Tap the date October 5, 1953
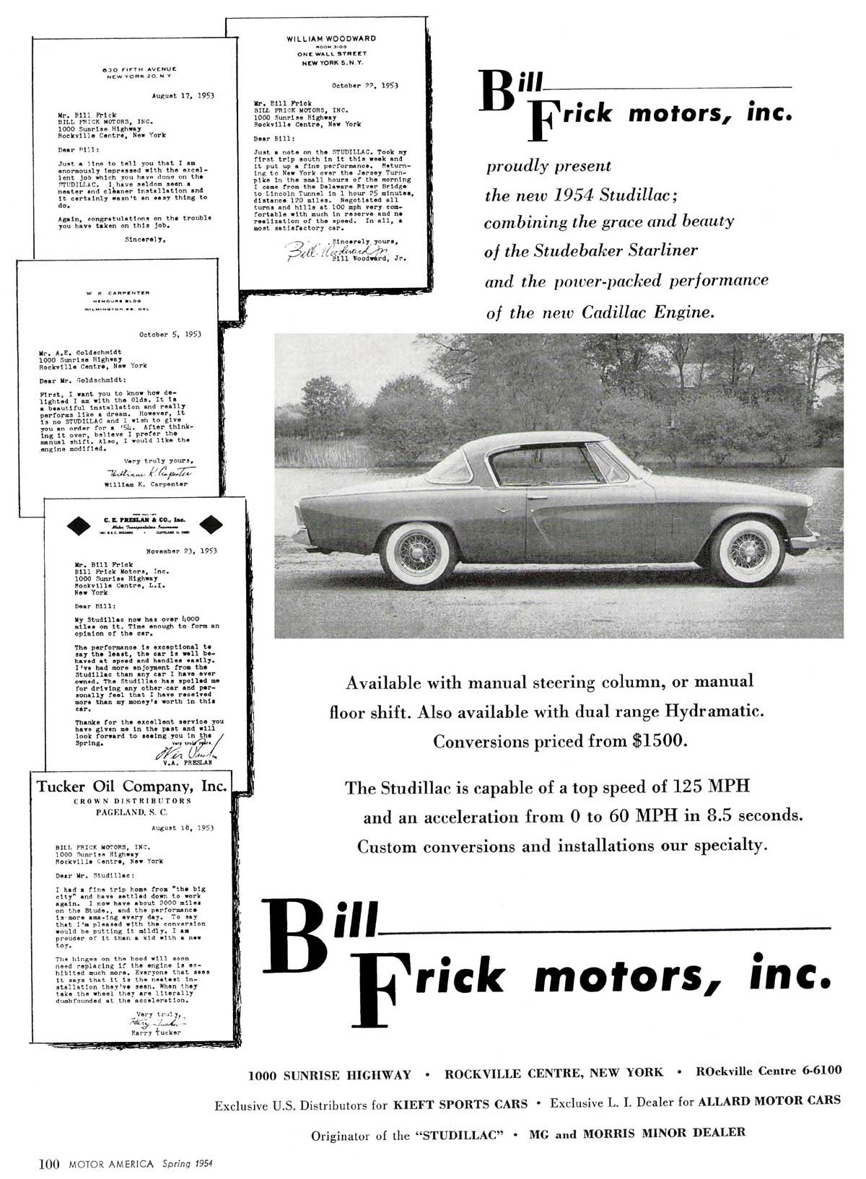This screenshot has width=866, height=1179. coord(170,335)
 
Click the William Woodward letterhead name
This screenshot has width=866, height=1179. coord(331,38)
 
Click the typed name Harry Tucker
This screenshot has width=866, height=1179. coord(156,1033)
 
